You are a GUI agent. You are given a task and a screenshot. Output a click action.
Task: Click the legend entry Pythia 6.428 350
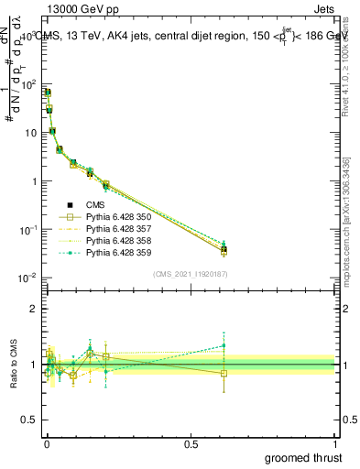(116, 216)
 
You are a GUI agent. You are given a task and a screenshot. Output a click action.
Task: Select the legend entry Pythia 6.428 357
(116, 228)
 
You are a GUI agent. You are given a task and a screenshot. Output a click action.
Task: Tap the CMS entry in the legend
(97, 204)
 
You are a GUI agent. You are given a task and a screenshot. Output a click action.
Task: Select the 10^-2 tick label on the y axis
(26, 278)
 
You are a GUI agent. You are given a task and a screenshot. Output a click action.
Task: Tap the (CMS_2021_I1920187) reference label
(190, 274)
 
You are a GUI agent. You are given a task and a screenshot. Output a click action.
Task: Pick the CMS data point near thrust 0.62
(224, 249)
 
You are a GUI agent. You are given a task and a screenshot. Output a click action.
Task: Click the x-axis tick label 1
(336, 444)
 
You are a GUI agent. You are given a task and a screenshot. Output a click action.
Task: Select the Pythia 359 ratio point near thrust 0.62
(224, 345)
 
